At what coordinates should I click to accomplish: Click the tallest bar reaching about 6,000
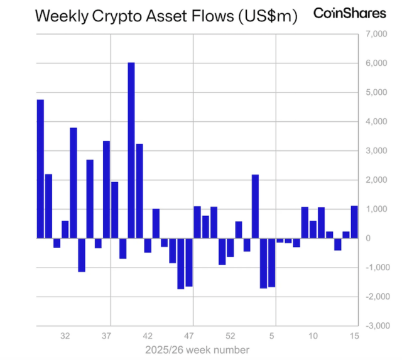coord(131,150)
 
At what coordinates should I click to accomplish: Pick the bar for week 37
coord(107,189)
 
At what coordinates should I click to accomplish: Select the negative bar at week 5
coord(272,262)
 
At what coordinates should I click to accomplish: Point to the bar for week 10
coord(313,229)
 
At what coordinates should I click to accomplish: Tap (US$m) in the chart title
coord(264,16)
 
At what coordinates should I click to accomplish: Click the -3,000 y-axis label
coord(375,325)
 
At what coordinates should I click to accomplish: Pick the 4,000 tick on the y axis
coord(376,122)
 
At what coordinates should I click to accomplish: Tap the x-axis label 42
coord(148,336)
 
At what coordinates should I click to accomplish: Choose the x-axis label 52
coord(231,336)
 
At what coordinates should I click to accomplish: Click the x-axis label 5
coord(273,336)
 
